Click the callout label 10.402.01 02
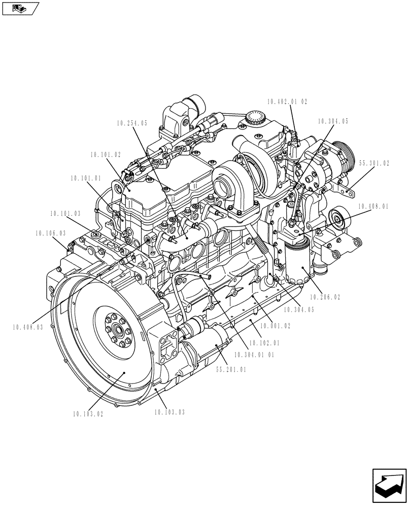[288, 102]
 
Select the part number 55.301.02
[374, 164]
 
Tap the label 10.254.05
[131, 123]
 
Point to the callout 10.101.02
[106, 154]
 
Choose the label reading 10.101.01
[86, 178]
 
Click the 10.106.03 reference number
[50, 233]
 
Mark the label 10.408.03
[28, 327]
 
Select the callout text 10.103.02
[87, 414]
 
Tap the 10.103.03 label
[169, 412]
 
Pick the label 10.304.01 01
[254, 355]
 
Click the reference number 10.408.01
[373, 207]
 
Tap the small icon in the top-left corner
[20, 9]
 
